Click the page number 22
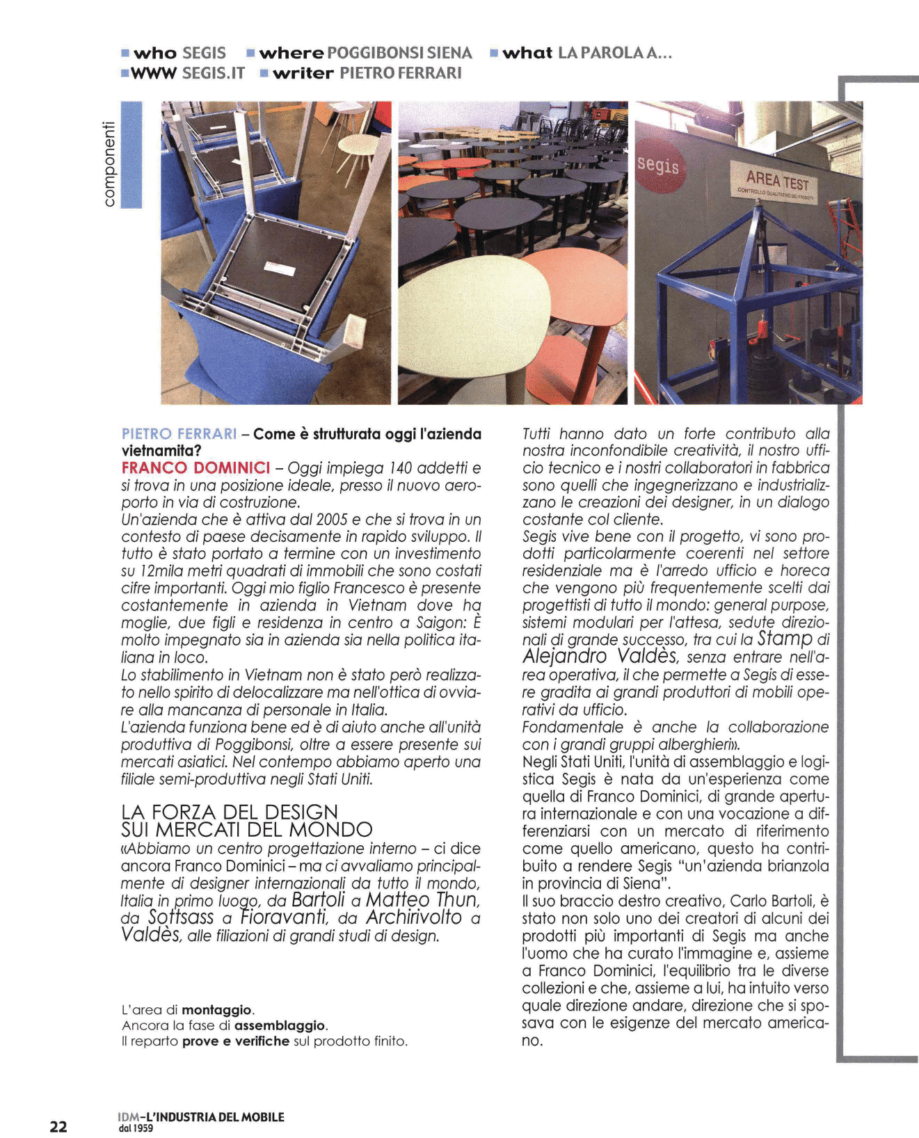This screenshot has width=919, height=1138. click(x=58, y=1126)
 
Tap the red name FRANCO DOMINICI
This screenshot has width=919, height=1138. click(x=195, y=467)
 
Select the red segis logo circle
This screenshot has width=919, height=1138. click(x=657, y=166)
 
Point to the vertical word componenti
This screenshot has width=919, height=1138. click(x=109, y=163)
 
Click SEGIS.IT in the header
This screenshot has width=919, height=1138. click(x=213, y=73)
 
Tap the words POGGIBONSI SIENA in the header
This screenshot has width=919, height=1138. click(x=399, y=53)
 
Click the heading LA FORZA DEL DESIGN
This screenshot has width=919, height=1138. click(x=230, y=812)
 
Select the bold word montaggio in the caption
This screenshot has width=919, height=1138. click(x=217, y=1009)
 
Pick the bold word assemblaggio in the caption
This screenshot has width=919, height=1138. click(x=280, y=1025)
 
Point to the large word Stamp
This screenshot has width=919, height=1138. click(x=785, y=639)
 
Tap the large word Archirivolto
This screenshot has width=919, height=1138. click(x=414, y=917)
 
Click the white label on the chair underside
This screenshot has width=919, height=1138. click(x=276, y=265)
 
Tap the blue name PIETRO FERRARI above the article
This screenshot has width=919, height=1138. click(x=179, y=434)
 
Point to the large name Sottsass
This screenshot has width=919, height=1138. click(x=181, y=917)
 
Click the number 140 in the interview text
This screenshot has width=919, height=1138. click(x=401, y=468)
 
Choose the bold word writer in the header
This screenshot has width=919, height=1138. click(x=303, y=73)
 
